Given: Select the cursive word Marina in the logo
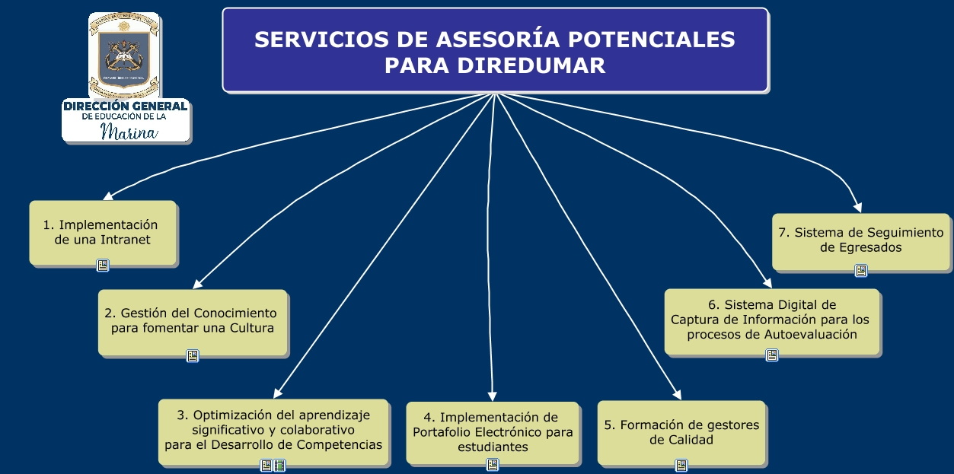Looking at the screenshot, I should (129, 133).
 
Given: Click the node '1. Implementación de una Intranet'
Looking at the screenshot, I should (103, 232).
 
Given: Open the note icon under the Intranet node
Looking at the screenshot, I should (103, 266).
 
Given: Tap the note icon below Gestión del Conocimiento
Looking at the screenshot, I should (193, 355).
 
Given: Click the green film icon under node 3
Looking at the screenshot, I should (279, 466).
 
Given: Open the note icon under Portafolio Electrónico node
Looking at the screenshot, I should (493, 464).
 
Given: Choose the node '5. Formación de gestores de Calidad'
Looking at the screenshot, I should (681, 432).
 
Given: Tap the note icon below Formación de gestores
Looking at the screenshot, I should (681, 465).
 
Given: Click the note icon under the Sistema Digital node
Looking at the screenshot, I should (772, 355).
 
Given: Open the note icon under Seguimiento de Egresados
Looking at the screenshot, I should (861, 270).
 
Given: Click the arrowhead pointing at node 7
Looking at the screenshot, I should (858, 207).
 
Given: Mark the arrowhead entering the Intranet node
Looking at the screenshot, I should (107, 196).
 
